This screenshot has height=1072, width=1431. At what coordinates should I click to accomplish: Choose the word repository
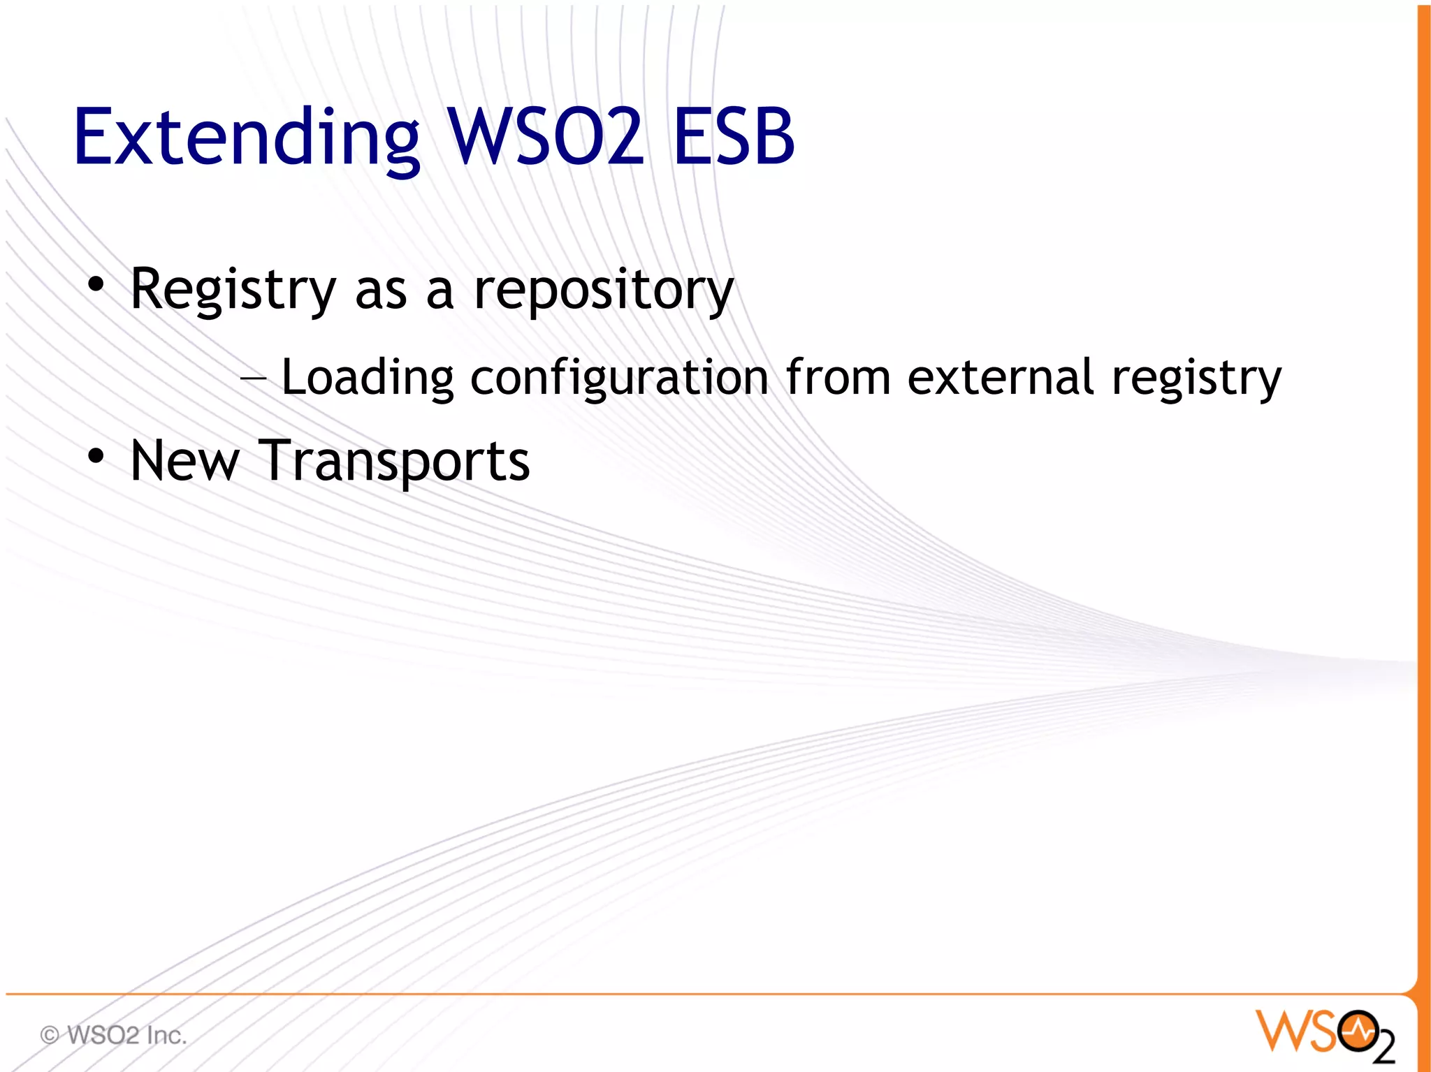pos(604,291)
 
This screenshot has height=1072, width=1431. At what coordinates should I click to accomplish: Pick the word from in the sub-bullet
pos(838,377)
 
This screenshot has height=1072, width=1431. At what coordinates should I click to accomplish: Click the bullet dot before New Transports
pos(96,457)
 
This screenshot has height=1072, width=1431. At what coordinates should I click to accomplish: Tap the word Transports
pos(394,462)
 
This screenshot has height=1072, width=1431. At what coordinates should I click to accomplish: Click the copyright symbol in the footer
pos(50,1034)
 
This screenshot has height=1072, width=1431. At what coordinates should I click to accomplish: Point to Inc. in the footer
pos(167,1034)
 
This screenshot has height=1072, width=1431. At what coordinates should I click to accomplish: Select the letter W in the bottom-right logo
pos(1281,1031)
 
